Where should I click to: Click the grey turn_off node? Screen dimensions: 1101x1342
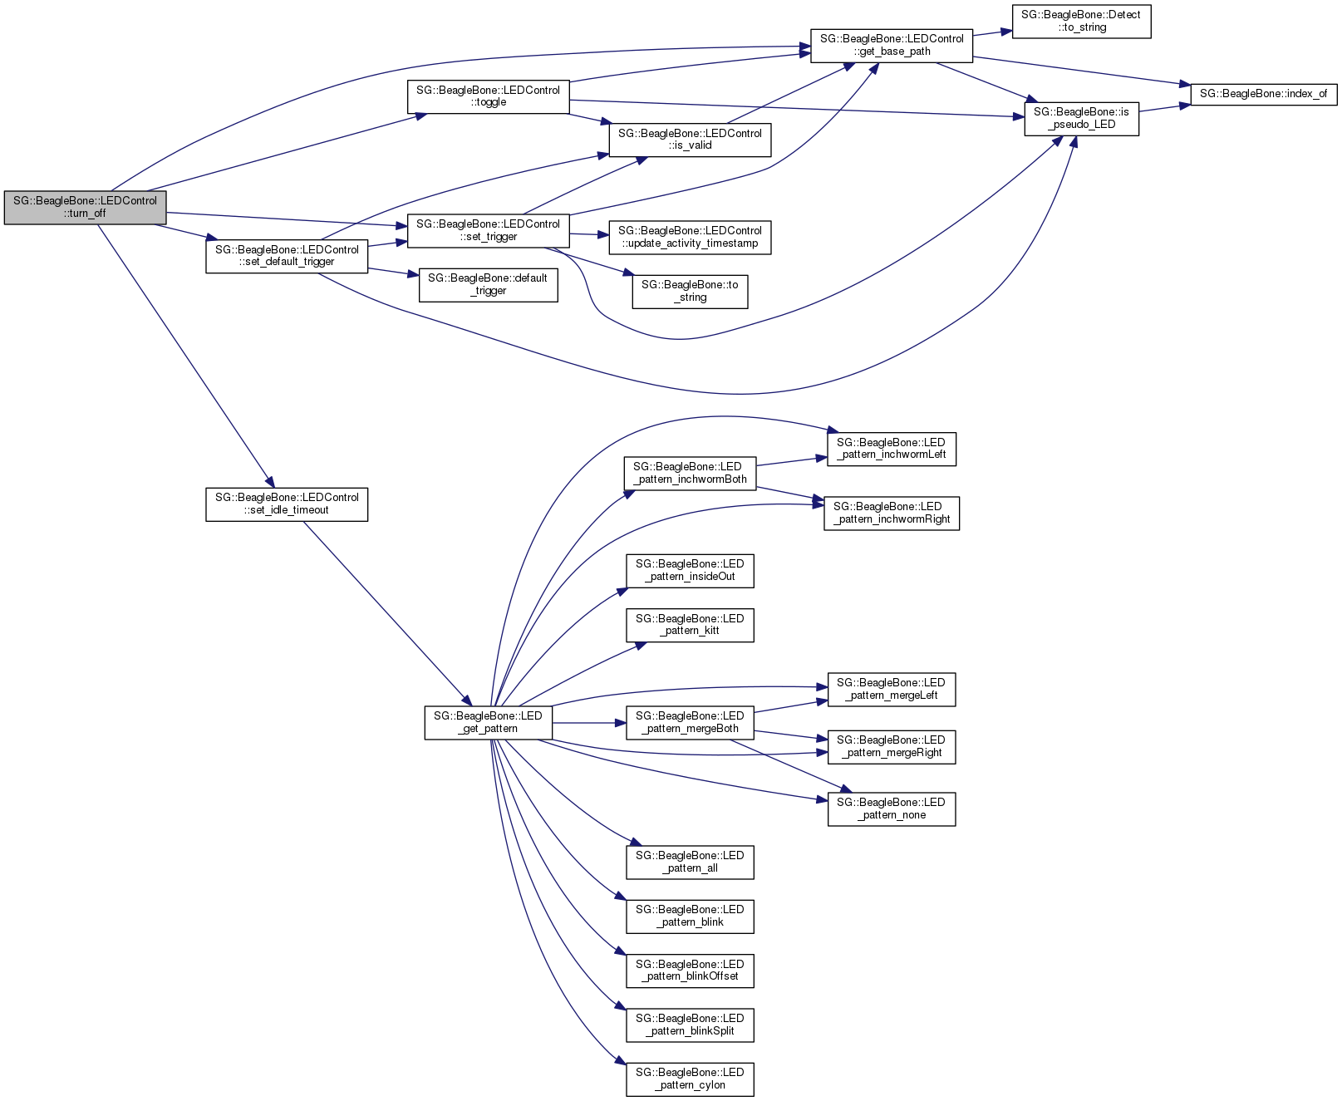[x=85, y=207]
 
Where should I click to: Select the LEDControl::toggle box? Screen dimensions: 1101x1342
[x=488, y=96]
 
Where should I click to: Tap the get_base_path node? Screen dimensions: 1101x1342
[x=892, y=45]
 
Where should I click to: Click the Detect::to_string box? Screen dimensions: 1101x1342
[x=1081, y=21]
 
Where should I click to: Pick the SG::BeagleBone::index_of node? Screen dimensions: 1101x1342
[x=1263, y=94]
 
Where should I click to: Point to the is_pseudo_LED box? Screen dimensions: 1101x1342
[x=1081, y=119]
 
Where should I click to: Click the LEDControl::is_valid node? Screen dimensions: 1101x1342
[x=690, y=140]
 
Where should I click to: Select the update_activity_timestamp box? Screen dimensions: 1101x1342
[x=690, y=238]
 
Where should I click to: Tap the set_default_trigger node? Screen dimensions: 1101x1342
[x=287, y=256]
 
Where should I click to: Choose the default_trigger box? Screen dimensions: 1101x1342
[x=488, y=285]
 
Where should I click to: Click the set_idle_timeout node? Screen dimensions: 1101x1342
[x=287, y=504]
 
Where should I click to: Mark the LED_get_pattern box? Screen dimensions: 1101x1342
[x=488, y=723]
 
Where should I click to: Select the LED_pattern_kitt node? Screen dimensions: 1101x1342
[x=690, y=625]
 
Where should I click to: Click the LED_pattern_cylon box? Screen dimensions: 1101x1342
[x=690, y=1079]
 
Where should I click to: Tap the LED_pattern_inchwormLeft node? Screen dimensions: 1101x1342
[x=892, y=449]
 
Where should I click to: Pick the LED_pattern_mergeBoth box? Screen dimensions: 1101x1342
[x=690, y=723]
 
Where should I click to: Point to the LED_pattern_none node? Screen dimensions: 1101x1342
[x=892, y=809]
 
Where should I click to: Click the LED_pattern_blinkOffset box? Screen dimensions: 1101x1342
[x=690, y=971]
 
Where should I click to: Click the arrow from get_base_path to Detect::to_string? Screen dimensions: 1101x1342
[x=991, y=32]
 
